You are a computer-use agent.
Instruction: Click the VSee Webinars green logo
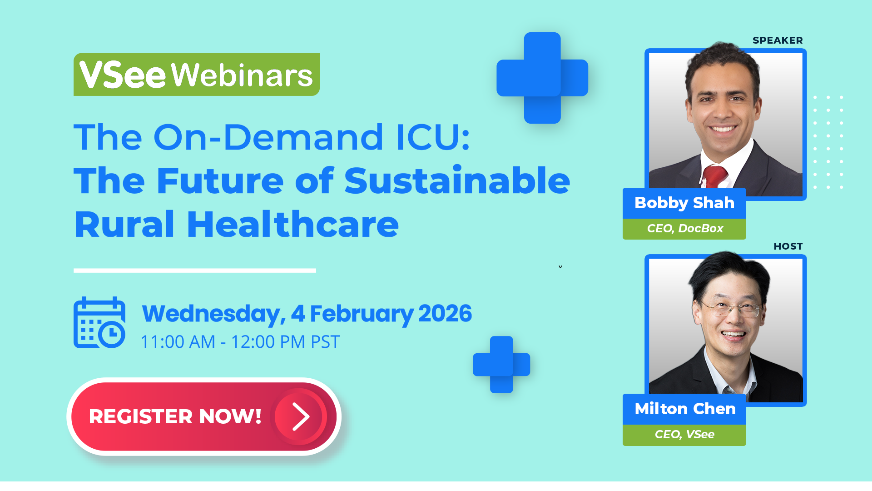coord(197,75)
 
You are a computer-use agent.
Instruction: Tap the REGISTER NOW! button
coord(204,416)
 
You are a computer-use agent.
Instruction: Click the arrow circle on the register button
coord(300,416)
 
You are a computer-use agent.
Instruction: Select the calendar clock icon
coord(99,322)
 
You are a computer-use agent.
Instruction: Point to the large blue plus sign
coord(542,78)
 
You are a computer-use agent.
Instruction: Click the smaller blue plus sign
coord(501,365)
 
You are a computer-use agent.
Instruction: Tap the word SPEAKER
coord(778,40)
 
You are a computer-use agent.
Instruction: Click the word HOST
coord(788,246)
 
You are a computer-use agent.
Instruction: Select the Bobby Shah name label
coord(684,203)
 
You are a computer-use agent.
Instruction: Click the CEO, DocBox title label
coord(684,229)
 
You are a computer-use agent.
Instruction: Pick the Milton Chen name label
coord(684,409)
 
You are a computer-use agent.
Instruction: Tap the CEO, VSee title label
coord(684,435)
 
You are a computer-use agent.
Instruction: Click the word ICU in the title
coord(433,137)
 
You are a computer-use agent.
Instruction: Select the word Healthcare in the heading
coord(293,225)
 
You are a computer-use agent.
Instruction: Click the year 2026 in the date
coord(445,314)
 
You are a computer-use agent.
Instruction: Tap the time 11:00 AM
coord(178,342)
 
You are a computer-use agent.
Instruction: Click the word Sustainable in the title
coord(457,180)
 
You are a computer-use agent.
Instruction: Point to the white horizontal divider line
coord(195,271)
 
